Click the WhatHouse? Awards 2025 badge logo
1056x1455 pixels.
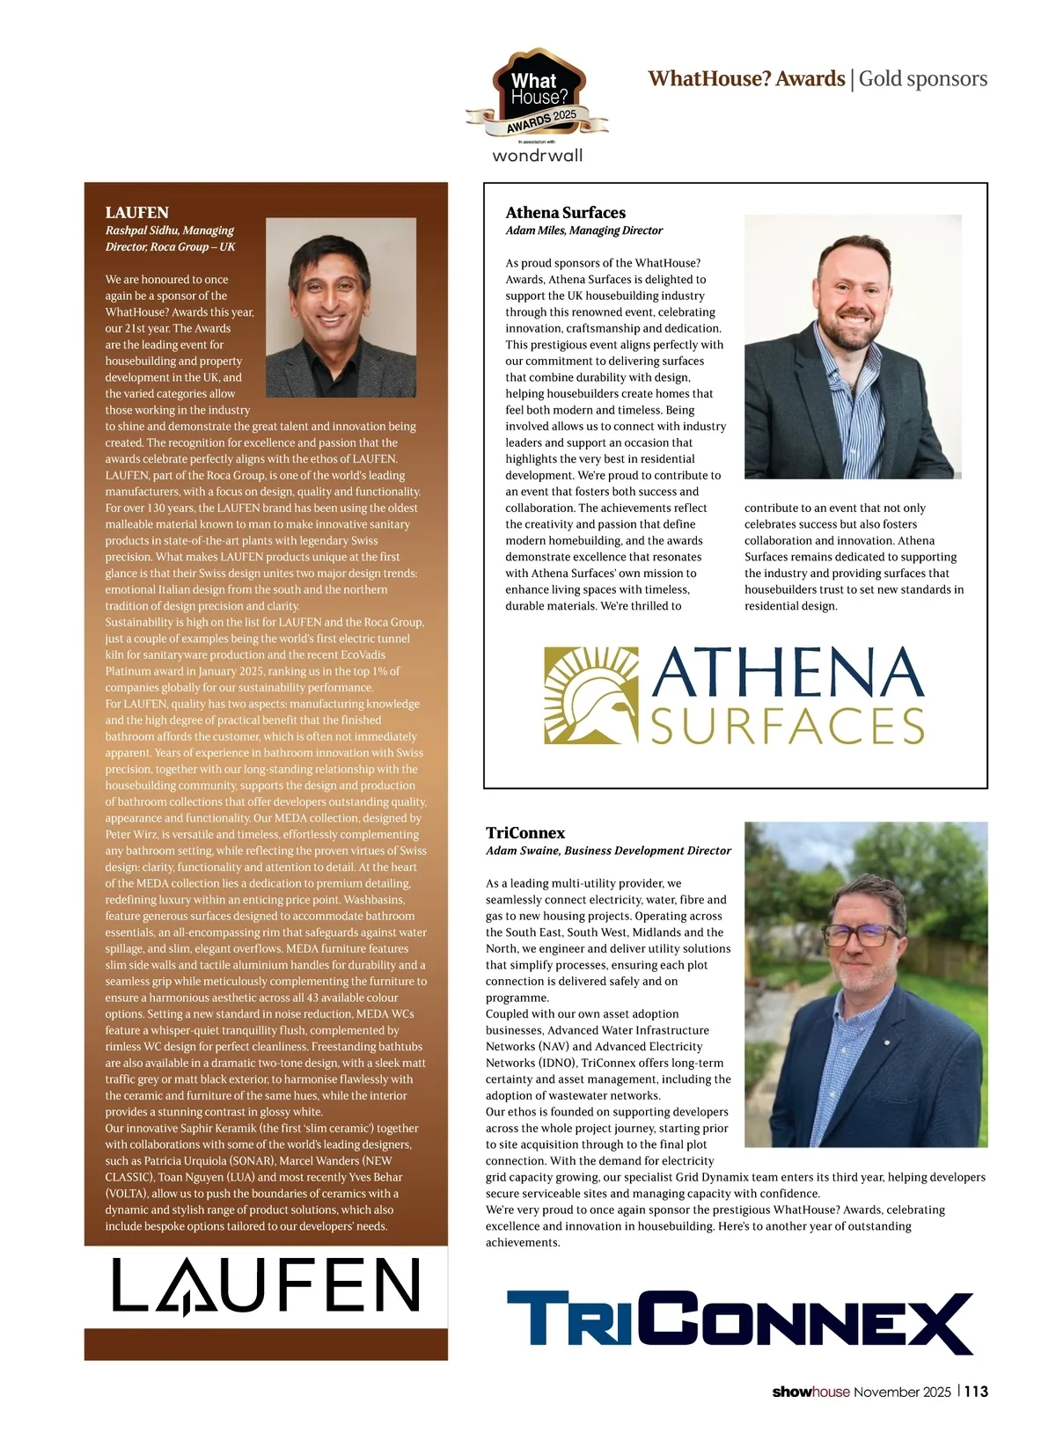[x=537, y=95]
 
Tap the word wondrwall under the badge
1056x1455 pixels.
[x=537, y=156]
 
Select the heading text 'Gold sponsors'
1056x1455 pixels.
[x=923, y=79]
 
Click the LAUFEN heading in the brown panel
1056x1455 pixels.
[x=136, y=213]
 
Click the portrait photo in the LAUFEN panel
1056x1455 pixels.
[x=341, y=307]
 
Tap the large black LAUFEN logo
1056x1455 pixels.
[x=266, y=1285]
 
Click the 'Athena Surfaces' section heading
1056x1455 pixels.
[x=565, y=213]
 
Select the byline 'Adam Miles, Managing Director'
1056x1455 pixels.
[x=583, y=230]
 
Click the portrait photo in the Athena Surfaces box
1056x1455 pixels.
[x=852, y=347]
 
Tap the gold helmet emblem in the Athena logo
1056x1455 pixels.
[x=590, y=696]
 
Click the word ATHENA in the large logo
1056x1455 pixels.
[x=788, y=673]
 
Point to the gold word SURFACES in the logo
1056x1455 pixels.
[x=788, y=726]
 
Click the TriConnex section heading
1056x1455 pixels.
[x=525, y=833]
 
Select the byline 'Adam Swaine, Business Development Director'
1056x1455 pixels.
[x=608, y=851]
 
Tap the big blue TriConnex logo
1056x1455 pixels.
[x=739, y=1322]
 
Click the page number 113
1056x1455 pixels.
[x=976, y=1392]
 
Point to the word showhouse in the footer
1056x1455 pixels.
[x=810, y=1392]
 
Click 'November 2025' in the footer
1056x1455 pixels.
[x=902, y=1392]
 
